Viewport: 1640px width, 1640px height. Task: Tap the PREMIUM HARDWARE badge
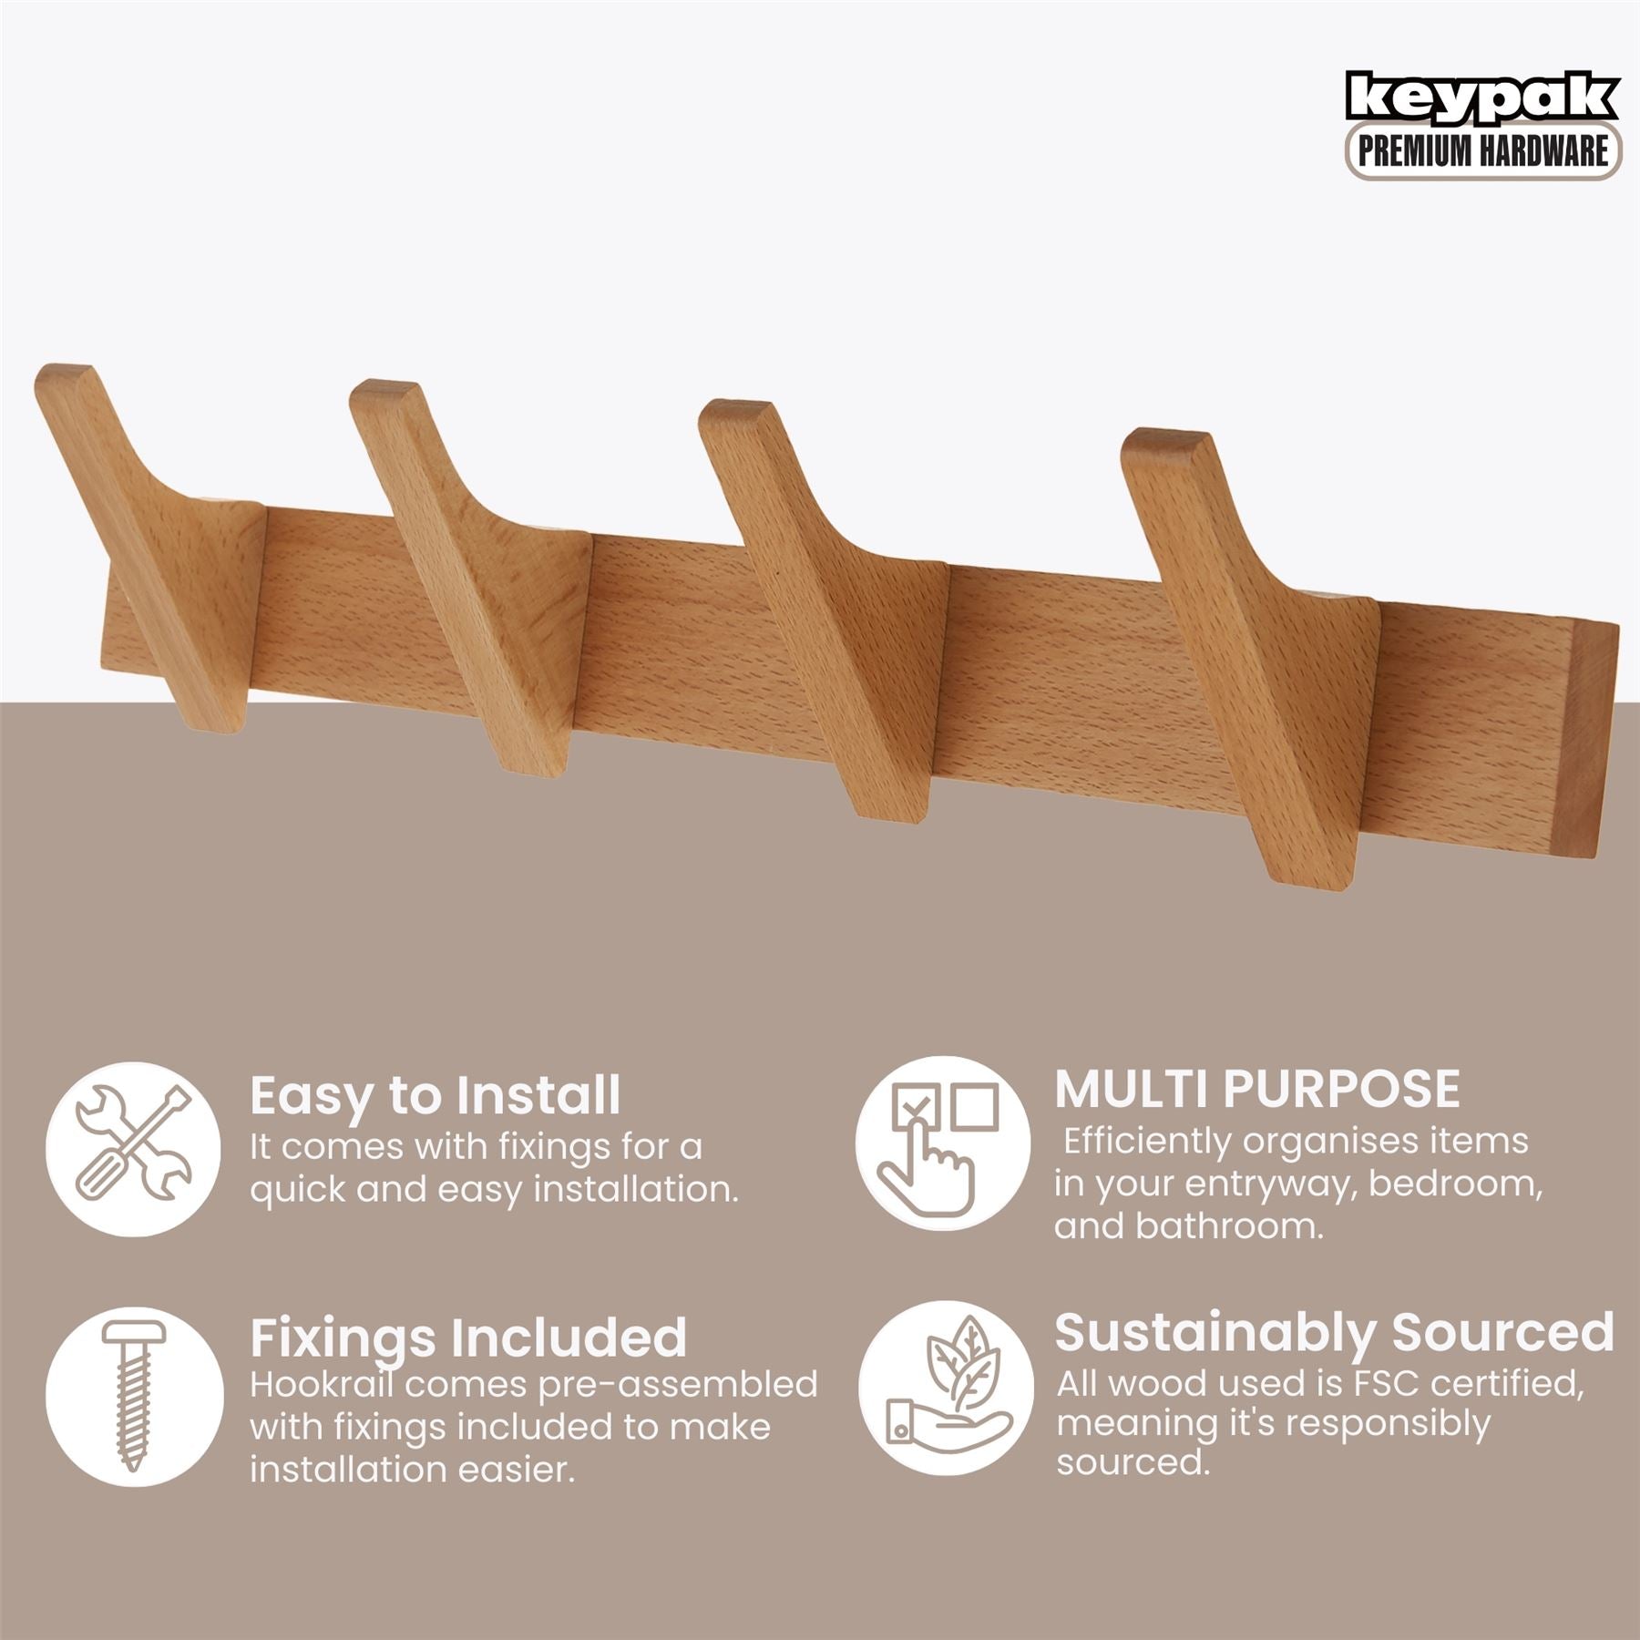point(1483,151)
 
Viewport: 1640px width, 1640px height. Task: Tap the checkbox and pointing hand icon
point(942,1144)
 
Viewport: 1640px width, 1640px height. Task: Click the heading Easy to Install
point(435,1096)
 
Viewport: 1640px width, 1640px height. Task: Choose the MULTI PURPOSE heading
point(1257,1088)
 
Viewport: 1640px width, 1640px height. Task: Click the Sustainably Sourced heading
point(1335,1332)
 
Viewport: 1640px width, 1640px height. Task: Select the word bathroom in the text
point(1229,1226)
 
